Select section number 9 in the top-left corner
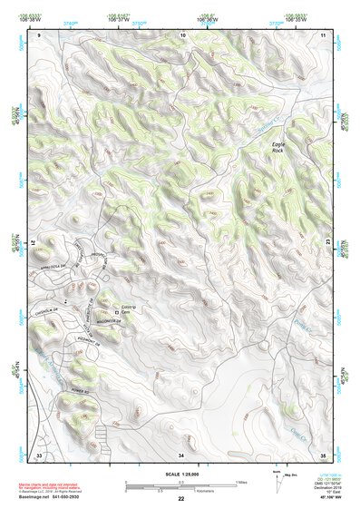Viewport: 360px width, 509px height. (39, 34)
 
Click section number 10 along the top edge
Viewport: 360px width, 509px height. (182, 34)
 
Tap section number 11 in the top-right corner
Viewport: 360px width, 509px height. (324, 34)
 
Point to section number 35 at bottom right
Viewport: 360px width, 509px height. (324, 454)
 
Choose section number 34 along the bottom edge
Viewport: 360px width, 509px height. (181, 454)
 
